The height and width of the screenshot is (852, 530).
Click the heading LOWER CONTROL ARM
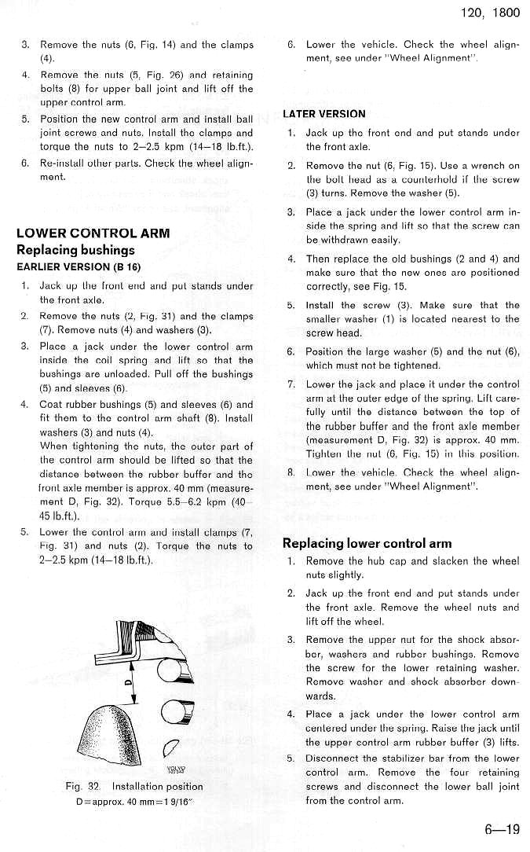click(93, 233)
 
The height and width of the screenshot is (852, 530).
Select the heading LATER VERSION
click(323, 114)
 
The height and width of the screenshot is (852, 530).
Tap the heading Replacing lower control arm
click(367, 543)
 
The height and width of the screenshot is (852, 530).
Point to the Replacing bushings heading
click(75, 250)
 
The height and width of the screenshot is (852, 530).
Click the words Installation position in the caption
click(157, 787)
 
